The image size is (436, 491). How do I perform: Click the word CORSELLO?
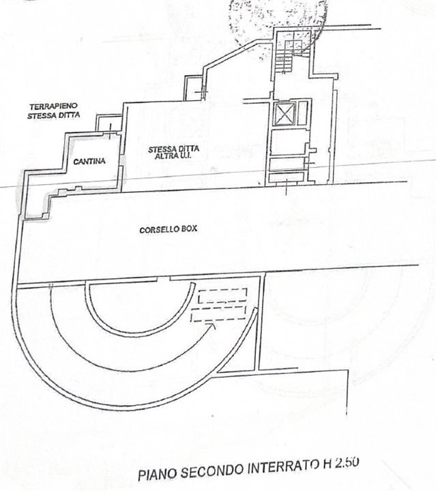click(156, 230)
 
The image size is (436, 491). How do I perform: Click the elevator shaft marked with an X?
click(282, 114)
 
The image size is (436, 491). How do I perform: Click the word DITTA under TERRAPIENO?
click(69, 115)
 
